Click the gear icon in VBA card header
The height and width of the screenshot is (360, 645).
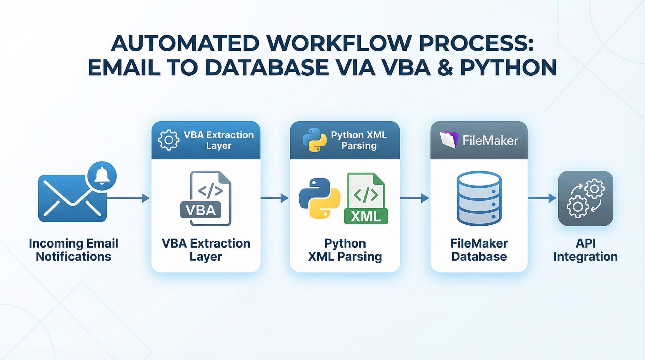[169, 140]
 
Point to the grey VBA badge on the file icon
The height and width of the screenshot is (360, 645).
[201, 210]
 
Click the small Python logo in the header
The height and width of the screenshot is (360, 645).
[314, 140]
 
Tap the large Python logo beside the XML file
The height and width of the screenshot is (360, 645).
[319, 198]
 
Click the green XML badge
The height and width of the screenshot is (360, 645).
[366, 216]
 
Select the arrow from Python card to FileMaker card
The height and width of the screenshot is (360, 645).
[415, 198]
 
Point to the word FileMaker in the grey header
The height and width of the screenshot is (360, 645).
[490, 140]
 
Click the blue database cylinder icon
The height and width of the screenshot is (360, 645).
[479, 198]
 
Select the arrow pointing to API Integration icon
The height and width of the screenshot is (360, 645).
[542, 198]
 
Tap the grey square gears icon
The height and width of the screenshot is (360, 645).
[586, 198]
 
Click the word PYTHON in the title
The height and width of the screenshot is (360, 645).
[508, 67]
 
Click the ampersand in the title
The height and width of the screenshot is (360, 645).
[445, 67]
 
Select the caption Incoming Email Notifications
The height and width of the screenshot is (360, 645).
[73, 250]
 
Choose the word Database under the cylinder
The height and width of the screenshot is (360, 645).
[479, 257]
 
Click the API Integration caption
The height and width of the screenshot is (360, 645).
[586, 250]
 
